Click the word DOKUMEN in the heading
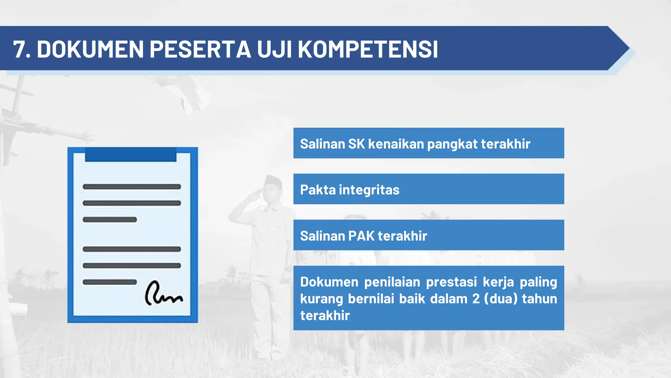click(90, 50)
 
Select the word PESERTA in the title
click(200, 50)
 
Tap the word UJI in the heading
click(274, 50)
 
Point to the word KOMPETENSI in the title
click(368, 50)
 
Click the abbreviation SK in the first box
click(356, 144)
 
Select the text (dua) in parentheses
click(501, 299)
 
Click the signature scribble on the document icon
click(163, 293)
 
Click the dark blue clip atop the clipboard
click(131, 154)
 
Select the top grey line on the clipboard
click(132, 187)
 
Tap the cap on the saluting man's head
click(274, 180)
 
